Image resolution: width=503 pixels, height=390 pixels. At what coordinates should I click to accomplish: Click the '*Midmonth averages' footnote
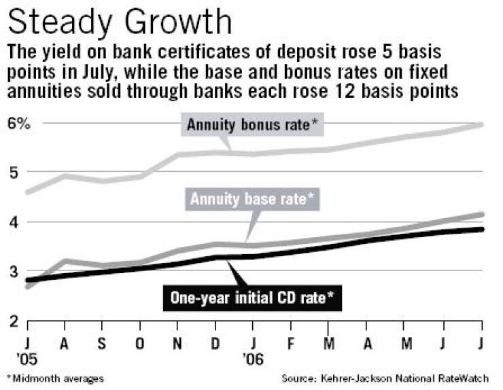pos(55,378)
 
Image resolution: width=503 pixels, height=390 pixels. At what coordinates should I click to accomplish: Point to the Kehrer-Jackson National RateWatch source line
pos(390,378)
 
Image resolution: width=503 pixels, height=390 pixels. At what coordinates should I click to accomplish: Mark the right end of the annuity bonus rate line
pos(482,124)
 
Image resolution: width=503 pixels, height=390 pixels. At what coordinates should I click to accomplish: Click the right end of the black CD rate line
pos(482,230)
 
